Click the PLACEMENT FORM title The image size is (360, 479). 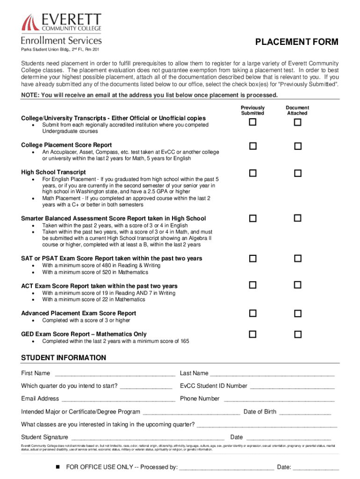[x=296, y=43]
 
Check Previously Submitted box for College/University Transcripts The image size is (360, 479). [x=252, y=123]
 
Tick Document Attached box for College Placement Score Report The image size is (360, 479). [x=297, y=146]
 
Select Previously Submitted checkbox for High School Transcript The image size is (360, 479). [x=252, y=174]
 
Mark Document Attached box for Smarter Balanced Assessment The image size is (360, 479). [x=297, y=218]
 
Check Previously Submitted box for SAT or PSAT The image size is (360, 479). [x=252, y=259]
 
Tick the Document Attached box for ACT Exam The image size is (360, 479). [x=297, y=285]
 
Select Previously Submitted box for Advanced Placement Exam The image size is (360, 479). [x=252, y=313]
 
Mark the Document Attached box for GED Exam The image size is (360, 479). [x=297, y=334]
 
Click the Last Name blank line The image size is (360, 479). [x=273, y=374]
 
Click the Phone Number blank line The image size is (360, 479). [x=279, y=399]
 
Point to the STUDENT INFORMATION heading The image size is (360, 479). [x=64, y=358]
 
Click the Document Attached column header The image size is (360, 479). [x=297, y=110]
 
